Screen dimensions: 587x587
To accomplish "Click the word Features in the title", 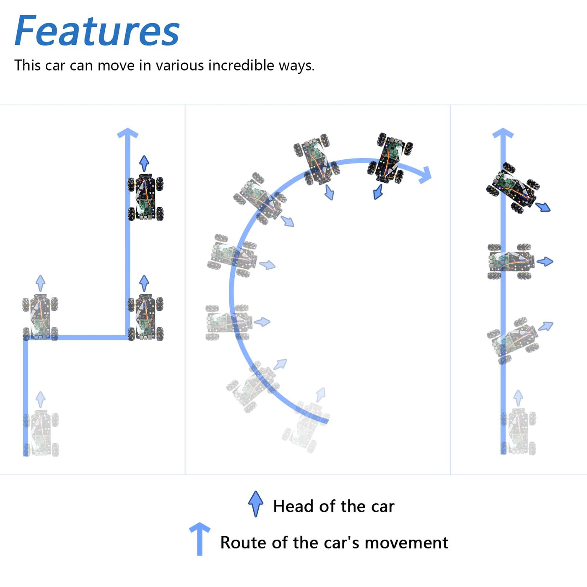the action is (97, 31).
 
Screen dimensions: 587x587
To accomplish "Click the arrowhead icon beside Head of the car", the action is (256, 504).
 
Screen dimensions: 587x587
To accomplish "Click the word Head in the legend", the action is (294, 506).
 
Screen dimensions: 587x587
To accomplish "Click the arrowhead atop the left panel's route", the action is (127, 133).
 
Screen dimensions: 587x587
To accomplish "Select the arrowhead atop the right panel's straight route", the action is (503, 133).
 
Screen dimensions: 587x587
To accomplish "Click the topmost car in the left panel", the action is (145, 197).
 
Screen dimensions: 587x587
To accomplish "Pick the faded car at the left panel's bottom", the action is (41, 433).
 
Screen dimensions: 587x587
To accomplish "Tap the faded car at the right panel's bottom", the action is (519, 431).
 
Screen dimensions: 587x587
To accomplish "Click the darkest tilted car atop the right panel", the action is (513, 188).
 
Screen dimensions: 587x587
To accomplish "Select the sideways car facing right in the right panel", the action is (511, 261).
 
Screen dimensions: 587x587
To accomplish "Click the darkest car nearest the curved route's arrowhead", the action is (390, 158).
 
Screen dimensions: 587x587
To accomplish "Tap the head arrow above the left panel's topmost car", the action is (144, 164).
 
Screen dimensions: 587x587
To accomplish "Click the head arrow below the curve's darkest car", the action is (378, 192).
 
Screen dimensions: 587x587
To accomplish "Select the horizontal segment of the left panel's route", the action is (77, 338).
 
